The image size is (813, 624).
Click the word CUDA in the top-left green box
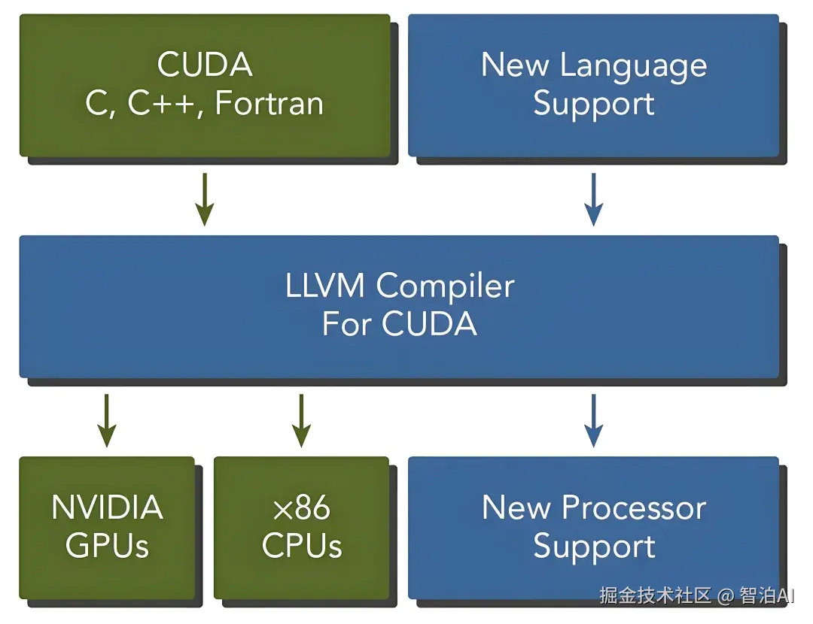205,65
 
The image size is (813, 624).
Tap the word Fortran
269,103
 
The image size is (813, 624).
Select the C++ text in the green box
161,103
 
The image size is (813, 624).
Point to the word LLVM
325,286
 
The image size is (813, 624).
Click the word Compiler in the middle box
446,287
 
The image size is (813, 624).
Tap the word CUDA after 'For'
429,324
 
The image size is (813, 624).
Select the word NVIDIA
108,507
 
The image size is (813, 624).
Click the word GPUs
108,545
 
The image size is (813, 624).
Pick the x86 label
302,507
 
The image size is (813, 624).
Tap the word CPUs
302,545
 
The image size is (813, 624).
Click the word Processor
634,507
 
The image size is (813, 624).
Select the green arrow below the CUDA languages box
205,199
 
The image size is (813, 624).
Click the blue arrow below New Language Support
594,199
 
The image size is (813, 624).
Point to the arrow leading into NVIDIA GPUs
107,420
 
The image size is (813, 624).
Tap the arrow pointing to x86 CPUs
301,420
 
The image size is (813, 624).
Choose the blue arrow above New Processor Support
594,420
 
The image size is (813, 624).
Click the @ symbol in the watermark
726,596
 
